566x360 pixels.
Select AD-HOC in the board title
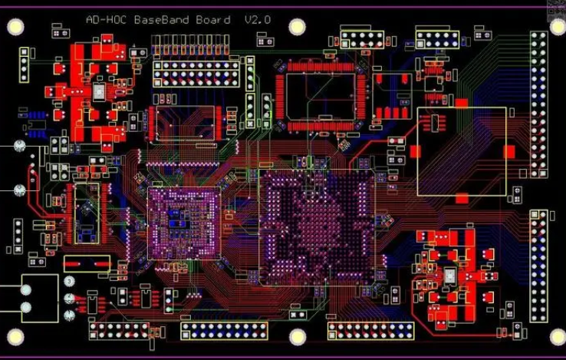(x=107, y=20)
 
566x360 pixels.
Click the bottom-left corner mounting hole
(x=16, y=336)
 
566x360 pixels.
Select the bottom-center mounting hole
(x=298, y=336)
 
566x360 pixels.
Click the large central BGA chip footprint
(x=316, y=226)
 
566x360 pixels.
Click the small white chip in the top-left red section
(x=100, y=93)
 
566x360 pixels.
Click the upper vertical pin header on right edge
(x=539, y=104)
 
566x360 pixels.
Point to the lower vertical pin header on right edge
(x=539, y=265)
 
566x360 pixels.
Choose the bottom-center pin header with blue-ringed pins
(x=223, y=331)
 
